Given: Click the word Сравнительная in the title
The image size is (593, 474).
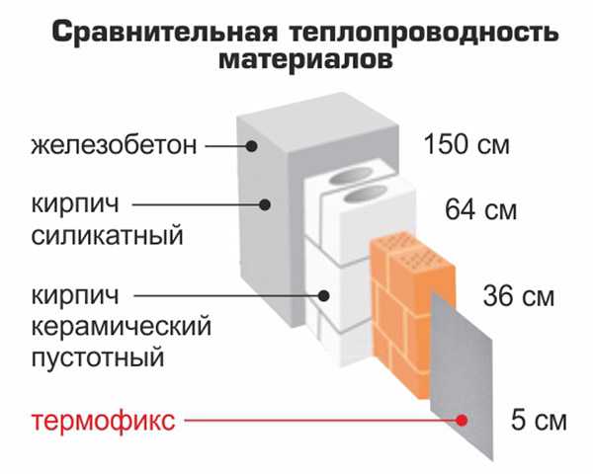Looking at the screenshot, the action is [x=164, y=33].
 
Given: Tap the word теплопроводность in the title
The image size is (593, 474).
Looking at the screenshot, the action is [x=424, y=34].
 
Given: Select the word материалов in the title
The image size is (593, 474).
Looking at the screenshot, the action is [x=305, y=59].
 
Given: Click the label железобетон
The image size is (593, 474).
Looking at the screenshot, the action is [x=114, y=145].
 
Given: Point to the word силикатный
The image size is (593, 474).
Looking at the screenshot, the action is [x=107, y=235].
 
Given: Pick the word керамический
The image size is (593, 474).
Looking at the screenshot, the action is [x=121, y=326].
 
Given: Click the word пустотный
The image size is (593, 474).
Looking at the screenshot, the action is [x=98, y=357].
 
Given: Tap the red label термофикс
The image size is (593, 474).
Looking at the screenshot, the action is [x=103, y=421].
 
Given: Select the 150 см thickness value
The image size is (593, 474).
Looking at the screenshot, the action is [x=467, y=144].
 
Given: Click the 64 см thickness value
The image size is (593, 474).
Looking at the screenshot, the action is [x=480, y=209].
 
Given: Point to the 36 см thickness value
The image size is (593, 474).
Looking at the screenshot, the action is [x=519, y=296].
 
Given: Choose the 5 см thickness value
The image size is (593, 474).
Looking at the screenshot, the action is [x=539, y=420].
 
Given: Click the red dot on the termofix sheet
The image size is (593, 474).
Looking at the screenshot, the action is [x=462, y=421].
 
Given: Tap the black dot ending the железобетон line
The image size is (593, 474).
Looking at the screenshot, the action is [x=251, y=145].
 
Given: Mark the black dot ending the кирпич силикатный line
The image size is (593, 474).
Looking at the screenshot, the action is [x=265, y=204].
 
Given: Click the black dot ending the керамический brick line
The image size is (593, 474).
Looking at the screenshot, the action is [x=323, y=295].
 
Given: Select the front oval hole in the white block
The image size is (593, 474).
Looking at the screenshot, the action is [x=365, y=195].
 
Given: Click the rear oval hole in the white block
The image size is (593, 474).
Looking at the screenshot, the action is [x=350, y=176].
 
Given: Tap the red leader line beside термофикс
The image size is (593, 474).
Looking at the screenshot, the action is [x=320, y=421].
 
